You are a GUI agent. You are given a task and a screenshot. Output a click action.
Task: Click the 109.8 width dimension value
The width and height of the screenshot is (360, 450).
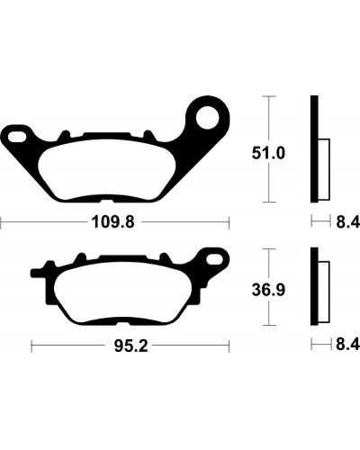coord(112,222)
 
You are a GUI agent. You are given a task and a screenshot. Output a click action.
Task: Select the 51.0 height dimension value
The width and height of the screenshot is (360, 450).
coord(268,154)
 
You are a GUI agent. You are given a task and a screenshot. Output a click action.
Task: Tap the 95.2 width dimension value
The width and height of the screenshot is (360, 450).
coord(130,346)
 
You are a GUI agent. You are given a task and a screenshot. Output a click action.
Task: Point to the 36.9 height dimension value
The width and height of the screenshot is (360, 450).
coord(268,290)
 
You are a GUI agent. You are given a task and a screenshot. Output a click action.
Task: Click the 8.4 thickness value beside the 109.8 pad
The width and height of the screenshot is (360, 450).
coord(347,222)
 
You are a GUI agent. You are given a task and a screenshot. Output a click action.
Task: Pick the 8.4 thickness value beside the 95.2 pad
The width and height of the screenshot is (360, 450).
coord(347,344)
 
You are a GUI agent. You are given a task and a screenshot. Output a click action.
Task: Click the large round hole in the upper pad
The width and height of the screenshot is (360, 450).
coord(208,117)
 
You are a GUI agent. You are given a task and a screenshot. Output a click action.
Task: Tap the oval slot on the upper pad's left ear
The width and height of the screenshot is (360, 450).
coord(17,137)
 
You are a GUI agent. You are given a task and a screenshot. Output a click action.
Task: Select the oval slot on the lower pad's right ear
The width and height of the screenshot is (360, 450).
coord(214,258)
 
